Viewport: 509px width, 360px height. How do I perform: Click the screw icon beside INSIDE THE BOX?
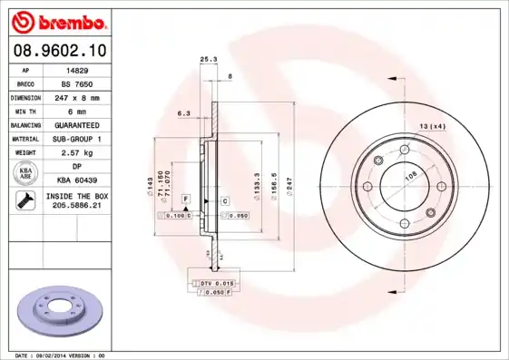[24, 201]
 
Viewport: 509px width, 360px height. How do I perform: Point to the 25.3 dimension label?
[208, 60]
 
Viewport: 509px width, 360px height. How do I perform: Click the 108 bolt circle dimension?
[409, 180]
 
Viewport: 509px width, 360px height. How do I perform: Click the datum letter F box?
[185, 198]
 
